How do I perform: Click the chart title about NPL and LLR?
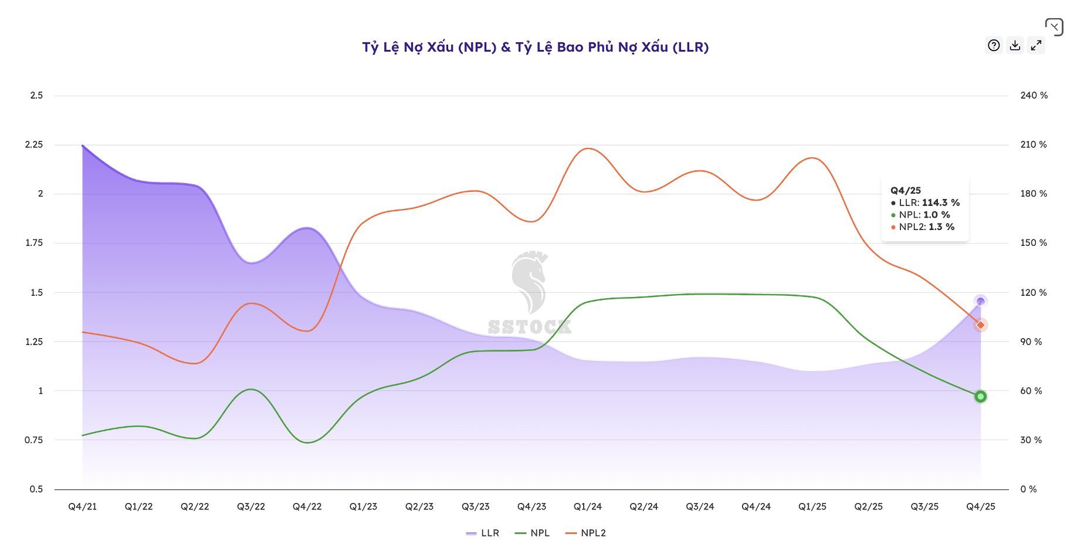[x=535, y=47]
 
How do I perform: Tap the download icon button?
[x=1015, y=45]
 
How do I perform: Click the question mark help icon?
[x=994, y=45]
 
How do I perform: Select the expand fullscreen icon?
[x=1036, y=45]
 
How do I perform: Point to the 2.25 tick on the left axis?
[x=34, y=144]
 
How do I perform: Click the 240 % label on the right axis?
[x=1034, y=95]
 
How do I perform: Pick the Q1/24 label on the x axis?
[x=588, y=507]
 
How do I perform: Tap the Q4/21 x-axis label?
[x=83, y=507]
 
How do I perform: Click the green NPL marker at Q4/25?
[x=980, y=397]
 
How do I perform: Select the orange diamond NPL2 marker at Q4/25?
[x=980, y=325]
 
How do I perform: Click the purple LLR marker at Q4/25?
[x=980, y=302]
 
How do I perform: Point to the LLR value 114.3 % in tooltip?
[x=941, y=202]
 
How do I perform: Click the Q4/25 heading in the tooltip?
[x=906, y=190]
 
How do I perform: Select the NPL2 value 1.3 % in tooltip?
[x=941, y=227]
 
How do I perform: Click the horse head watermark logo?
[x=529, y=282]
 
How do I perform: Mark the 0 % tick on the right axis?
[x=1028, y=489]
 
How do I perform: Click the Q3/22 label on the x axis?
[x=251, y=507]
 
